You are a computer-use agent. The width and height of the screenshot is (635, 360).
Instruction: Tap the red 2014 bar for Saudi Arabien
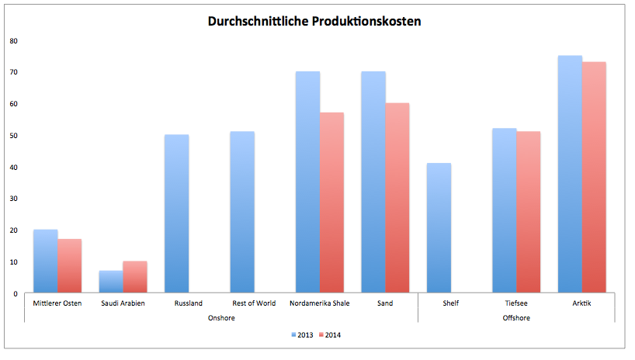tap(135, 277)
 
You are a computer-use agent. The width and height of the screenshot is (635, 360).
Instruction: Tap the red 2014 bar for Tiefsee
tap(529, 213)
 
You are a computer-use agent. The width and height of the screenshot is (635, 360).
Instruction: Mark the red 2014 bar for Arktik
tap(594, 178)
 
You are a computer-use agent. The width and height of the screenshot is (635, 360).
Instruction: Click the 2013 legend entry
tap(303, 335)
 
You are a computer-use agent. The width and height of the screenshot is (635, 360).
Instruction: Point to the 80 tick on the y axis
tap(14, 40)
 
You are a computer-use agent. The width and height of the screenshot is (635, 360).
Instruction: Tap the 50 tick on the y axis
tap(14, 135)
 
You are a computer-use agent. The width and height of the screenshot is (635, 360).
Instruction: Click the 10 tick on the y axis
tap(14, 261)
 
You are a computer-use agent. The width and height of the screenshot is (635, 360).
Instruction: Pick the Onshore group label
tap(222, 318)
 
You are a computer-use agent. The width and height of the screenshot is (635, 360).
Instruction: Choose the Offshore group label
tap(516, 318)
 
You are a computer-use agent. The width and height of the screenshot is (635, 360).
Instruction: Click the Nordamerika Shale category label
tap(320, 303)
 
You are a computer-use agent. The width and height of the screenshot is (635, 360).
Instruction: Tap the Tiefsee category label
tap(516, 303)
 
